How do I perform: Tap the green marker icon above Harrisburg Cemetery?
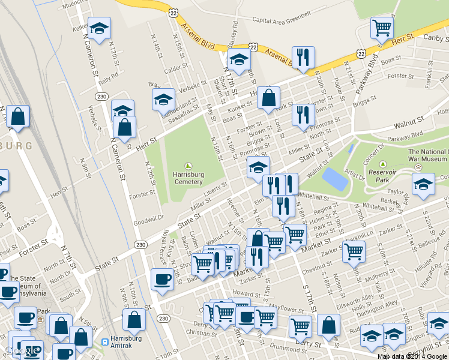tap(188, 166)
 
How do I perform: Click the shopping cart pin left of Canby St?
tap(382, 27)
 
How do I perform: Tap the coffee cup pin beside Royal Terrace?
tap(161, 279)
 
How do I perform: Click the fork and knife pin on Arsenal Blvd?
tap(303, 57)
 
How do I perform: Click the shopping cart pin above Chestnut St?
tap(354, 252)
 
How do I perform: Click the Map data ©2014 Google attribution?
tap(412, 356)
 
